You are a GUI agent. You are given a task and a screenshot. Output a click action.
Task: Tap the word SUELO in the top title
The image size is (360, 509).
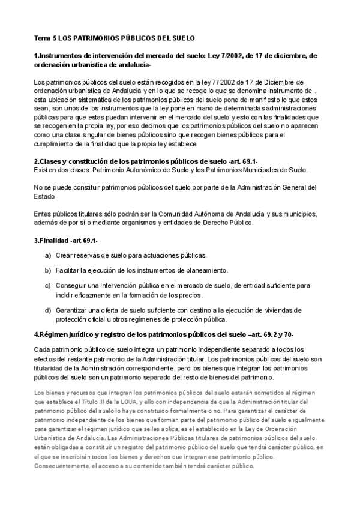(x=182, y=38)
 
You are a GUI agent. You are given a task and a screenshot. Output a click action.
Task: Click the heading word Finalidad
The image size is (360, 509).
(x=59, y=241)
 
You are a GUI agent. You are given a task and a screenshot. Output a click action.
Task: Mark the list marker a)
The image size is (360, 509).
(x=47, y=255)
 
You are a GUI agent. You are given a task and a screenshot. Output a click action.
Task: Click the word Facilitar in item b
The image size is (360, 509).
(x=70, y=270)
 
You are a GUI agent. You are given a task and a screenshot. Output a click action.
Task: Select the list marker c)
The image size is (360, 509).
(x=47, y=285)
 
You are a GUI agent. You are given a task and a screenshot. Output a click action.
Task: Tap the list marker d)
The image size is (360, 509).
(x=47, y=310)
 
